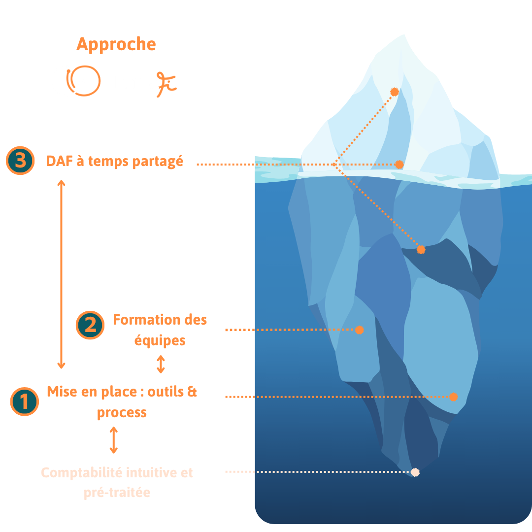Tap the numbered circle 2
click(90, 326)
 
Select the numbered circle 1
click(24, 401)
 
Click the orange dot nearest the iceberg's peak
click(394, 92)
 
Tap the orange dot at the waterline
click(399, 165)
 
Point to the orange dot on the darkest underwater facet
click(421, 250)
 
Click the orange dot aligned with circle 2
click(360, 330)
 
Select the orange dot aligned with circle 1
click(454, 397)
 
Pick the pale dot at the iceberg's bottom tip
click(415, 472)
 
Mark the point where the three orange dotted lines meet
click(335, 164)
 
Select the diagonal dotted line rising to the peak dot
click(365, 128)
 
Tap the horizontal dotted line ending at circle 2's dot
click(305, 330)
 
